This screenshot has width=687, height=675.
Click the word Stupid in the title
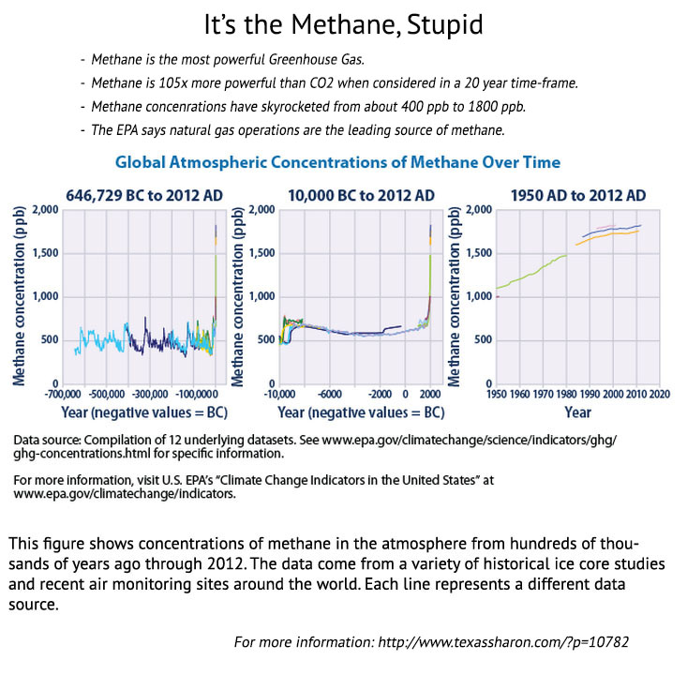[439, 22]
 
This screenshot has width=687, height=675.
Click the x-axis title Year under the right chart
[577, 412]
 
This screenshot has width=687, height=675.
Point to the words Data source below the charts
[46, 440]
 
